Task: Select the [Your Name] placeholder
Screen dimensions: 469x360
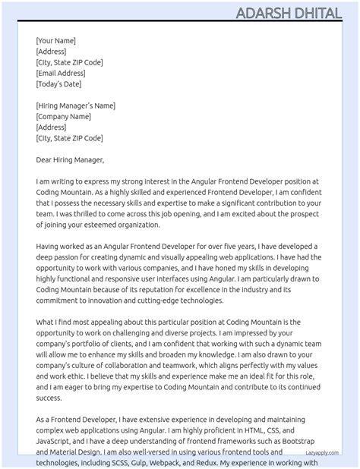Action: point(55,41)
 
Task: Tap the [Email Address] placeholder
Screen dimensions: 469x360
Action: point(61,73)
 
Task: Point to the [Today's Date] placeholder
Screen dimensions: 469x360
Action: point(58,84)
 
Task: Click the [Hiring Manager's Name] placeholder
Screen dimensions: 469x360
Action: point(75,105)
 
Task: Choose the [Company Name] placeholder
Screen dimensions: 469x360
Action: point(63,117)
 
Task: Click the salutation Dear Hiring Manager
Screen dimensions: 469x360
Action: point(70,160)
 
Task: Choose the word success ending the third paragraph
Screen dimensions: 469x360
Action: point(49,397)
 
